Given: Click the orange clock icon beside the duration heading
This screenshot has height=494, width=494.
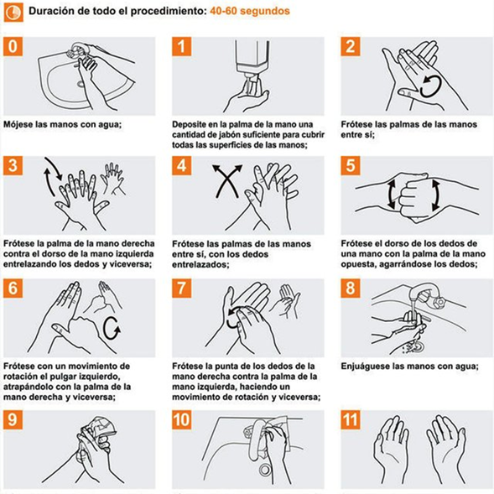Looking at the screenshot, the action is click(13, 13).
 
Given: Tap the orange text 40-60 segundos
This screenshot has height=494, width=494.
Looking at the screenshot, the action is click(250, 11).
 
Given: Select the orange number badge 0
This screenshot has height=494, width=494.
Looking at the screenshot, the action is click(13, 47).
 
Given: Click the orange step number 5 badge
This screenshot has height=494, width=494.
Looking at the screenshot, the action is click(351, 166).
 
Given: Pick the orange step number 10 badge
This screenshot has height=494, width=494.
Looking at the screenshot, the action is click(182, 419).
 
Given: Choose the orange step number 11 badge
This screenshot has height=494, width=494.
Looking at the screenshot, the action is click(351, 419).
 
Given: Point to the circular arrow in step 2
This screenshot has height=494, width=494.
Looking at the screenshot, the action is click(429, 86).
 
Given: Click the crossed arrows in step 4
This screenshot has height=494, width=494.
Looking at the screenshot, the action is click(227, 181).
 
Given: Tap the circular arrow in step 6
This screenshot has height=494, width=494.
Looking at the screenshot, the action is click(112, 329).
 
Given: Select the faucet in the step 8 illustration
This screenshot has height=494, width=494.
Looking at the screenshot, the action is click(426, 295).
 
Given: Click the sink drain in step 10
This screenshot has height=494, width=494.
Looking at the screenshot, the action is click(265, 470).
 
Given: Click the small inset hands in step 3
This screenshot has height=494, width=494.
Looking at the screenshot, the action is click(112, 179).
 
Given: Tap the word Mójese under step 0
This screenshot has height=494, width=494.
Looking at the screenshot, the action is click(18, 124).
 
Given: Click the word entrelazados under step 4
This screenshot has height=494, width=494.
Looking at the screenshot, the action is click(200, 264).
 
